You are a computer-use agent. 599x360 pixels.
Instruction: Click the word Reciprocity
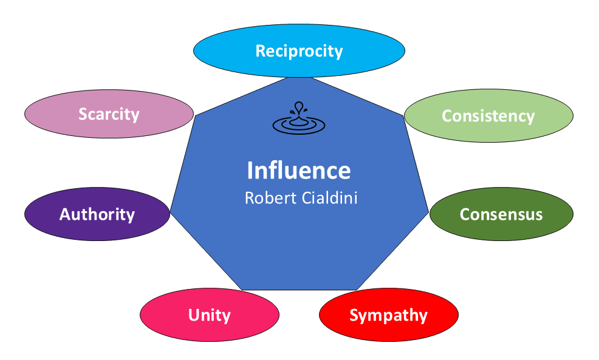299,51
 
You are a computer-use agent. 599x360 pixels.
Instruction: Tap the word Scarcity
109,114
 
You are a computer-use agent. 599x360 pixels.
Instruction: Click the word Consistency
488,115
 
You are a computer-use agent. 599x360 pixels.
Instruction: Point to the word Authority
97,214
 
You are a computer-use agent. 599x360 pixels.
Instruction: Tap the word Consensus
501,214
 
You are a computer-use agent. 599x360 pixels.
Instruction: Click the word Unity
210,315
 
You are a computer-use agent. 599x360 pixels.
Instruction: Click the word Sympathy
389,315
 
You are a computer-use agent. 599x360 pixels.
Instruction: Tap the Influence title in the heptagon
299,171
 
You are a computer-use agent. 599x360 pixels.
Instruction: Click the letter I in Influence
250,171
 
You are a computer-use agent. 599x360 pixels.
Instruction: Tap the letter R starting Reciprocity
260,51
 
